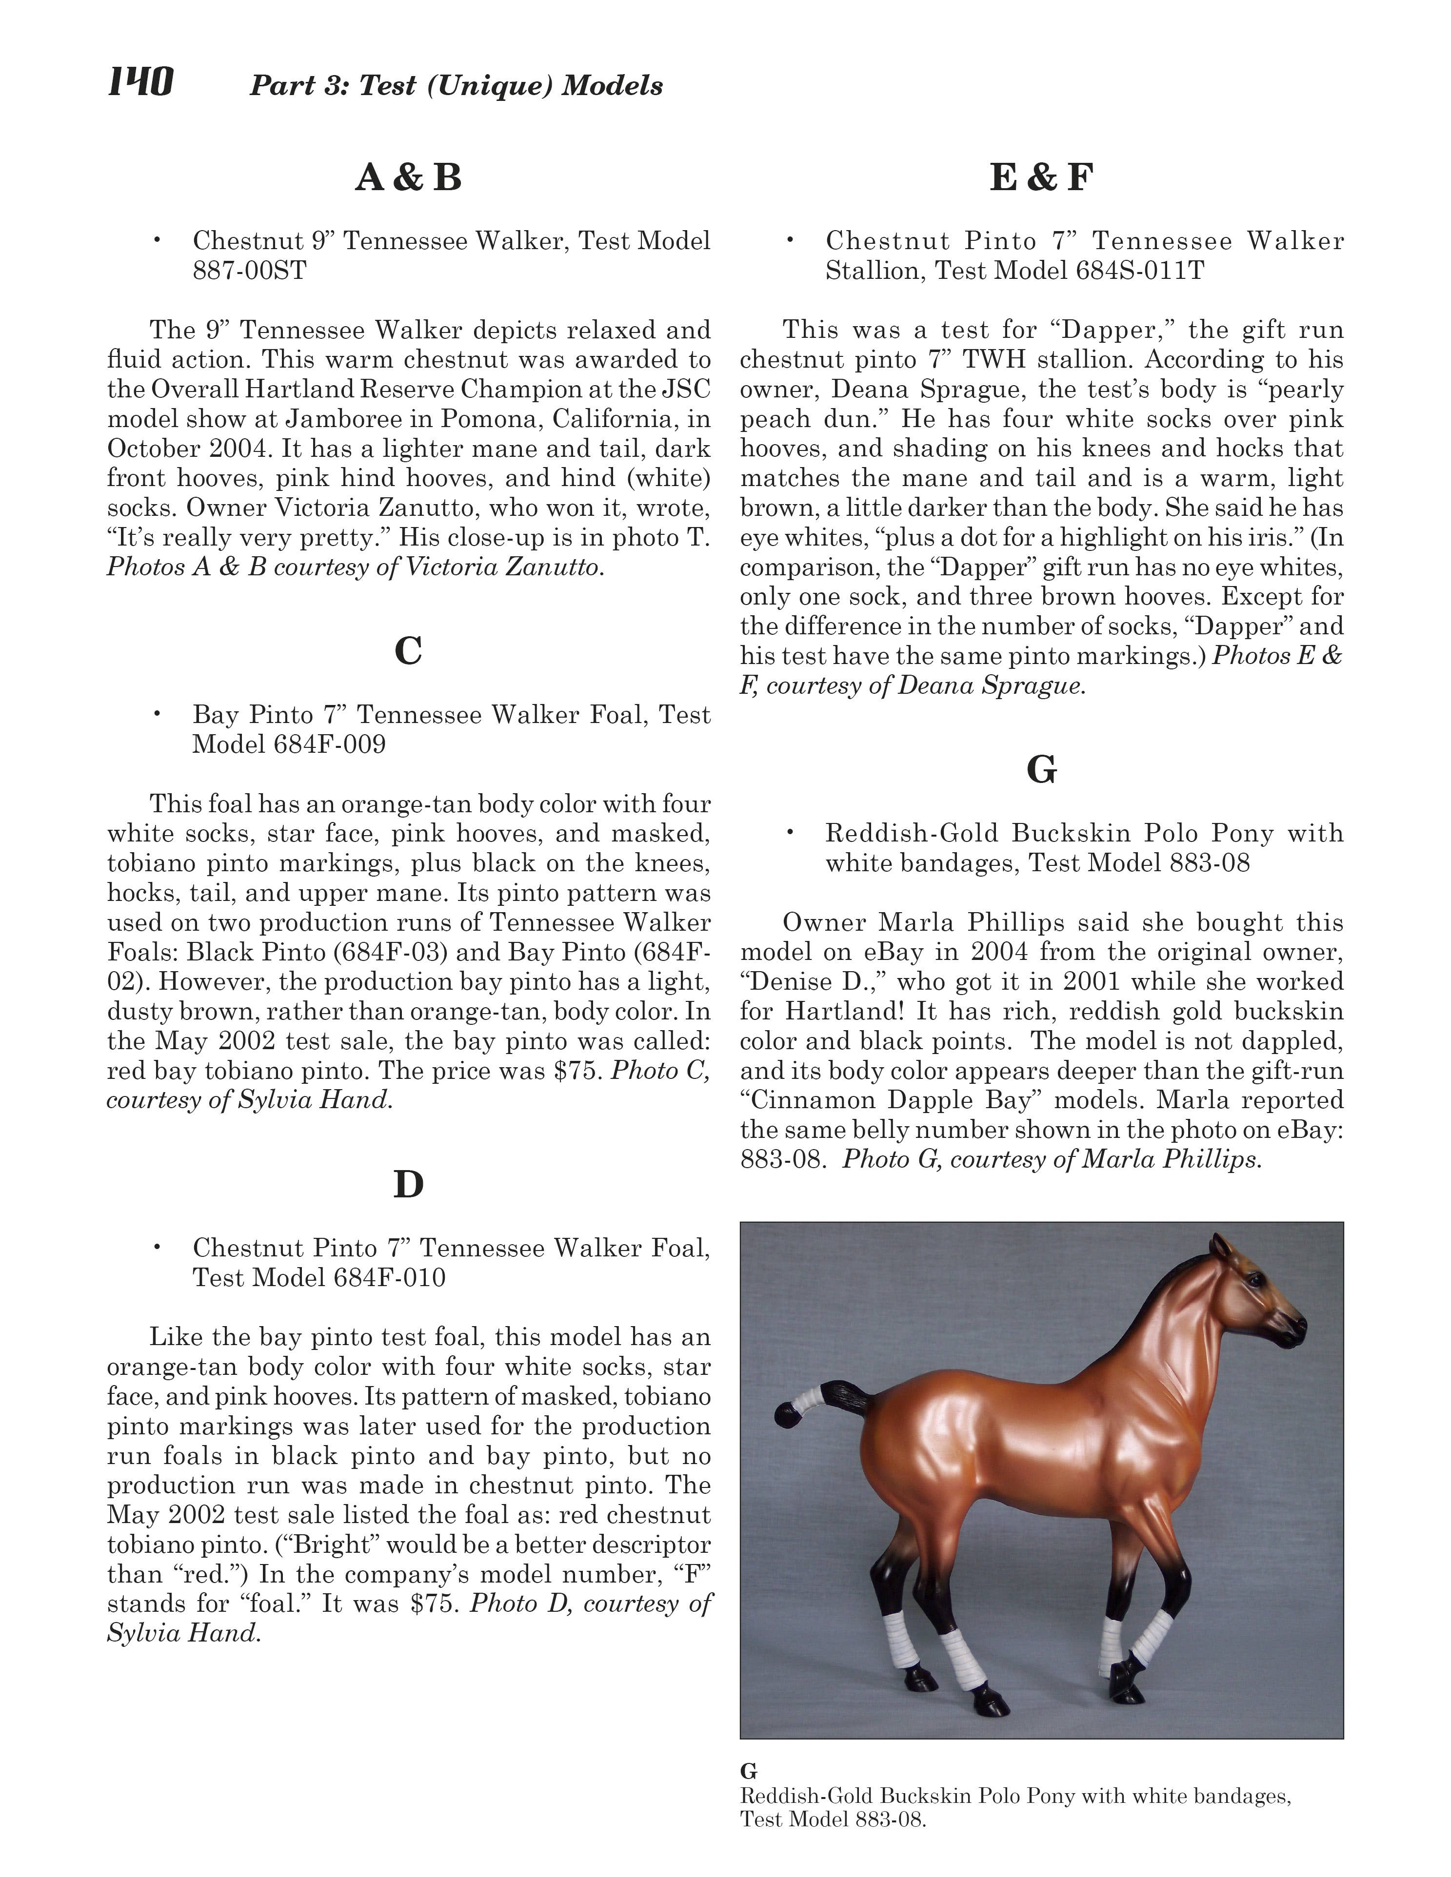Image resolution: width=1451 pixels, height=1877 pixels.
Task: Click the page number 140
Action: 140,83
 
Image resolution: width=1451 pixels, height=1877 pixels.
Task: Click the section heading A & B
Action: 408,178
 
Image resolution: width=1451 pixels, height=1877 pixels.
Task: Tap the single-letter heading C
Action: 408,651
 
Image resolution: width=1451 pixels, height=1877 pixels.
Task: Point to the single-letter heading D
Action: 408,1184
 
